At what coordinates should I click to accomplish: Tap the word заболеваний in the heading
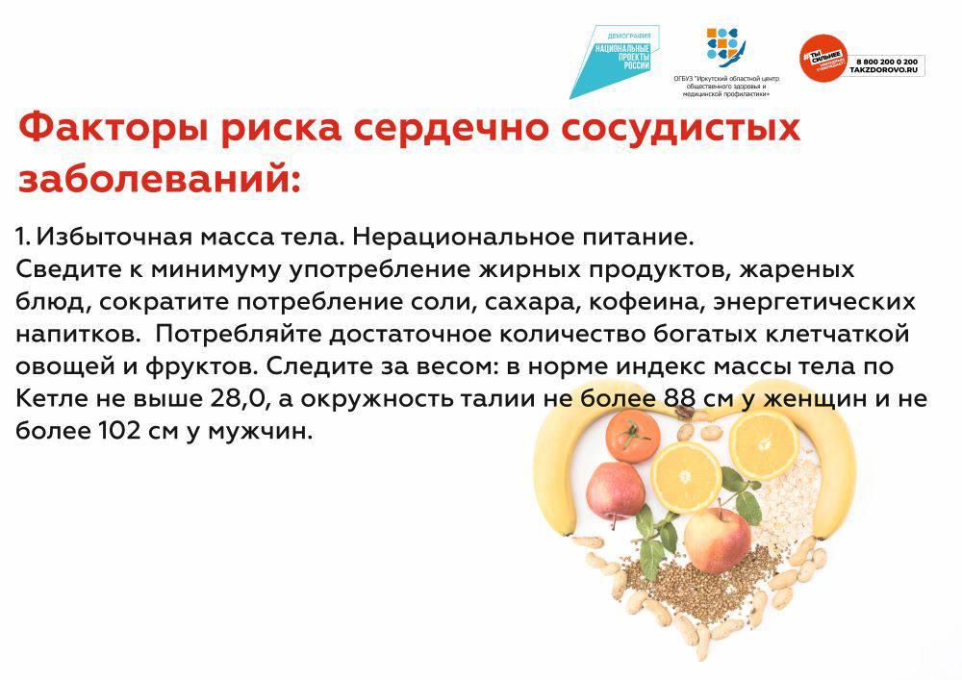tap(160, 180)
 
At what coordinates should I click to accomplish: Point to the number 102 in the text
tap(117, 431)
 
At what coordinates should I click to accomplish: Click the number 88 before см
tap(680, 399)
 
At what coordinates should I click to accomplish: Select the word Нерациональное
tap(463, 238)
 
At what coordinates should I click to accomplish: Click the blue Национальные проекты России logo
tap(614, 62)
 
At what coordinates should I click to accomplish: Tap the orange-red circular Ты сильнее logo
tap(823, 57)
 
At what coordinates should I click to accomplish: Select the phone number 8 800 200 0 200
tap(887, 62)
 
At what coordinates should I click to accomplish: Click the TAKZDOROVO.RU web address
tap(887, 70)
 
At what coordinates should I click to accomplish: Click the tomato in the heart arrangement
tap(633, 436)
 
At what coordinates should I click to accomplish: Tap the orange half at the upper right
tap(763, 443)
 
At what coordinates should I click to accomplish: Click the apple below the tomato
tap(616, 491)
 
